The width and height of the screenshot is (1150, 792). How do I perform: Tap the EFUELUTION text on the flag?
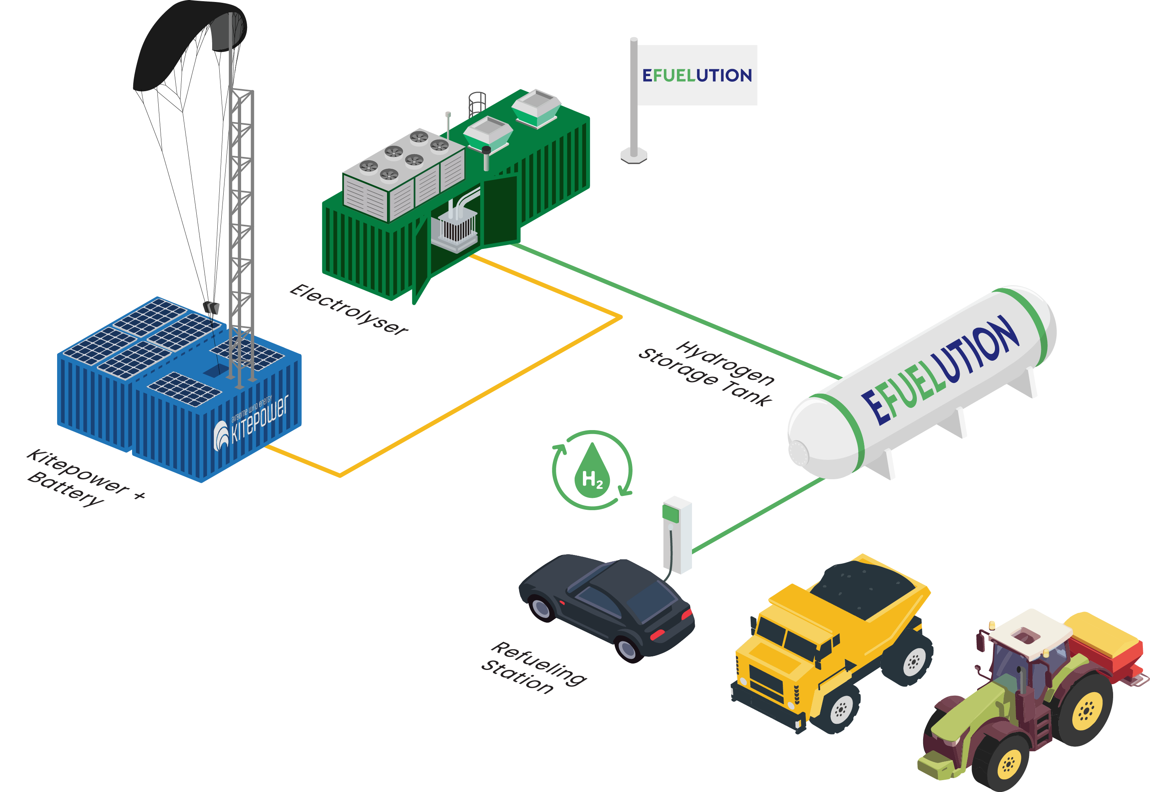[697, 75]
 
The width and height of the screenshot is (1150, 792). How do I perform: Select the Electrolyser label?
[349, 310]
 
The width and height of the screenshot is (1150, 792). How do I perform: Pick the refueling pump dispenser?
[677, 534]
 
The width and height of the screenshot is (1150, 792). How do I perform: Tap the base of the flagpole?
[634, 155]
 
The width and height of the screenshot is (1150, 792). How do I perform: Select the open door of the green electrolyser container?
[500, 211]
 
